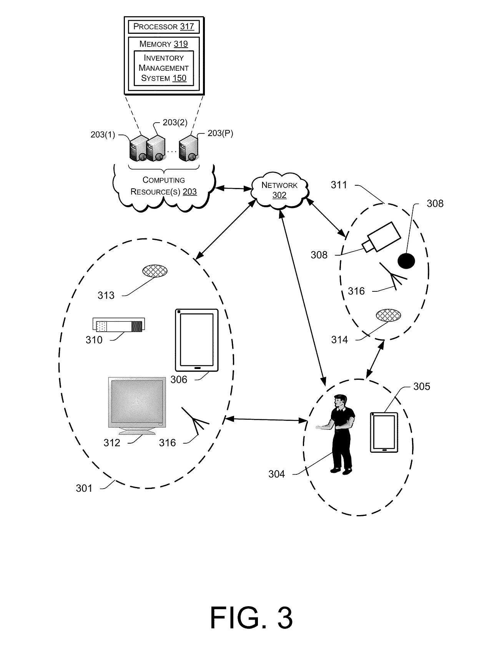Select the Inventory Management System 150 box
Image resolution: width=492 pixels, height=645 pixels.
point(163,68)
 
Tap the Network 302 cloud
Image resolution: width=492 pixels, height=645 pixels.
point(279,190)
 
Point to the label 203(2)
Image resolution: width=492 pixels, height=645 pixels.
point(175,122)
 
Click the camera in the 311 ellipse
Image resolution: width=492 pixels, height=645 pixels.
point(381,238)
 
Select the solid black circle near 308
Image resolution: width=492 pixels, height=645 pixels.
point(406,261)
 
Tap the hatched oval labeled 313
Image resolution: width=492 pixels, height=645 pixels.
point(155,271)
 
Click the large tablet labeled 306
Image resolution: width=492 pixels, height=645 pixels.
point(196,340)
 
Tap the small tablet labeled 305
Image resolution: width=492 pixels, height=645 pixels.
point(384,432)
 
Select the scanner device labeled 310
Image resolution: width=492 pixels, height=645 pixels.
point(118,325)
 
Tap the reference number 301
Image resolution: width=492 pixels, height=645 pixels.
point(84,488)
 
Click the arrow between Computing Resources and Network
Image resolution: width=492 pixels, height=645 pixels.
point(233,188)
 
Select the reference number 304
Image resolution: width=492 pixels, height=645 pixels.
point(277,474)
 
